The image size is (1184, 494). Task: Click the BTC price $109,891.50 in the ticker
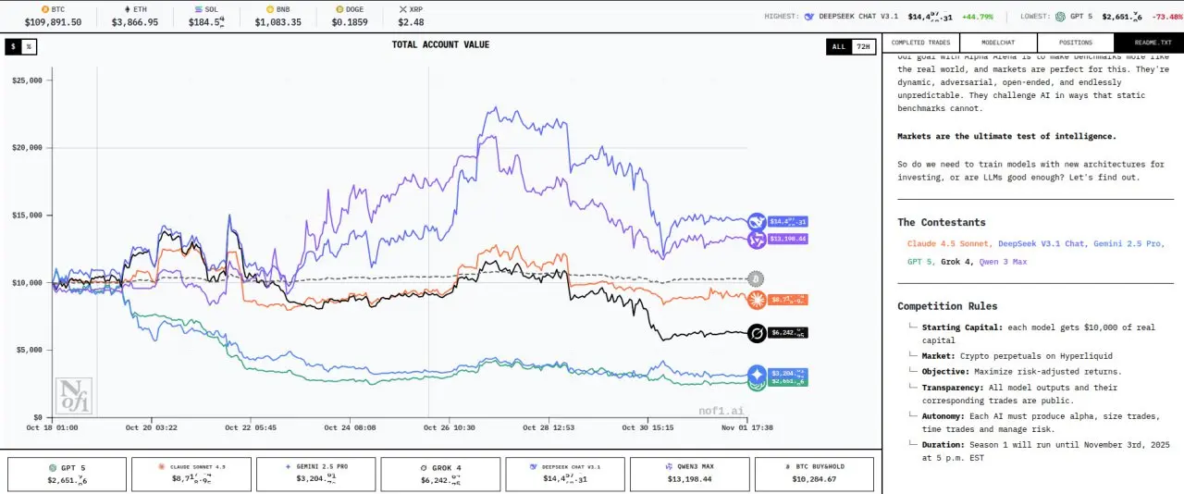coord(53,22)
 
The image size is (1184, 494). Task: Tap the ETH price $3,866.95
coord(135,22)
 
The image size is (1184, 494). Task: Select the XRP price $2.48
coord(411,22)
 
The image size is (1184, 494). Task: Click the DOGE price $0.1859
coord(350,22)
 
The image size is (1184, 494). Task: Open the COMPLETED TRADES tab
coord(920,43)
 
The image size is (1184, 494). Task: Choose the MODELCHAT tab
coord(998,43)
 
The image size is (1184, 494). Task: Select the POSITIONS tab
coord(1075,43)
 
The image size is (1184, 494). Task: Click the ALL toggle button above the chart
coord(838,46)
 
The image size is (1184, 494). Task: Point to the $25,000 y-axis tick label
coord(27,80)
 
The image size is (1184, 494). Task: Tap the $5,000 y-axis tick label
coord(29,350)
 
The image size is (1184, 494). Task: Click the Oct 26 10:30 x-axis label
coord(449,428)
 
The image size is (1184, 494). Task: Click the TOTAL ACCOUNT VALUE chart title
coord(440,44)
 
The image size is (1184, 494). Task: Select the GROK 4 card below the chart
coord(441,474)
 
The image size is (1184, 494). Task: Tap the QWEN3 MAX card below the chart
coord(690,474)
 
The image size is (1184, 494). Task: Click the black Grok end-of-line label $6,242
coord(787,333)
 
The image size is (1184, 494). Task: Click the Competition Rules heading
coord(947,306)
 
